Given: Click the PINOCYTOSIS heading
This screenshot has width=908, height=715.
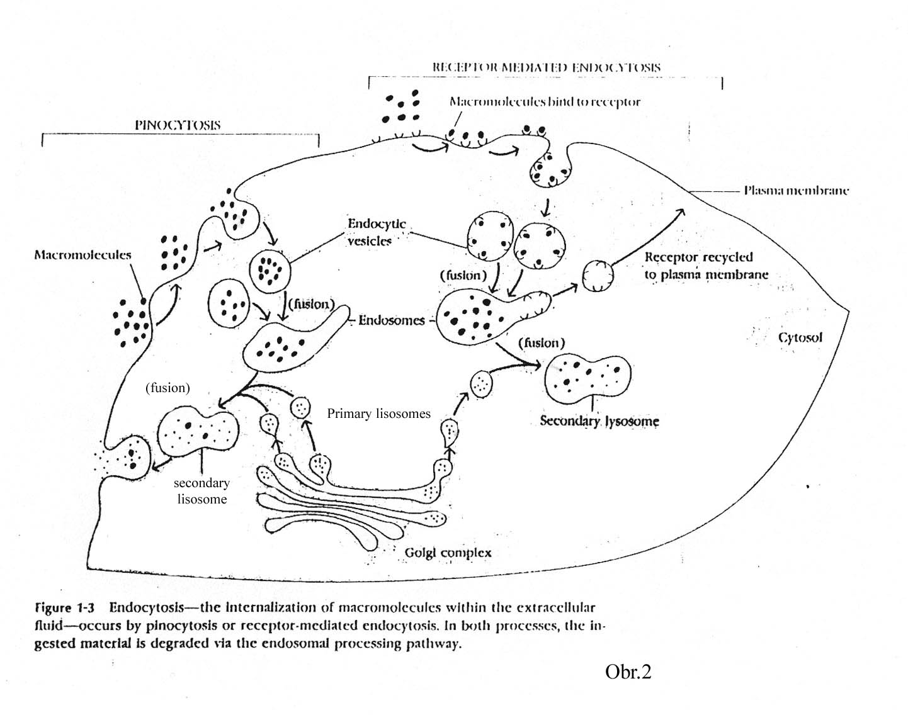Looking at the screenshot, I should [x=178, y=125].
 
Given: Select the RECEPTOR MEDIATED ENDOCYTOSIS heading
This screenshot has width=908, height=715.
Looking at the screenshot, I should [x=547, y=67].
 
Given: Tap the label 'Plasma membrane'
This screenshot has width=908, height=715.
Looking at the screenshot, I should [x=796, y=190].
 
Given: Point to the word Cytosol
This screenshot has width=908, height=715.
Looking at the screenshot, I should [x=800, y=337].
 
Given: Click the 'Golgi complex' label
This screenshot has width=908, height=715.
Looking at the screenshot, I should [x=448, y=553].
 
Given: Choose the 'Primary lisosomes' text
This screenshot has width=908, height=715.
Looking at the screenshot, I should [x=378, y=414].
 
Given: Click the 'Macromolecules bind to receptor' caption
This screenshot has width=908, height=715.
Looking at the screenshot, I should [x=545, y=101].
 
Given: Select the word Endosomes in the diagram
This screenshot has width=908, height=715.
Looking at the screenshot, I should [x=392, y=320].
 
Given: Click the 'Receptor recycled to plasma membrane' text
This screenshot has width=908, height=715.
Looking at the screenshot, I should [x=705, y=266].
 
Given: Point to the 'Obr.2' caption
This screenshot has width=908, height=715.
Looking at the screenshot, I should [x=628, y=672].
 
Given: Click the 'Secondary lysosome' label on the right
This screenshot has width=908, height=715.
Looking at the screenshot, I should [x=599, y=420].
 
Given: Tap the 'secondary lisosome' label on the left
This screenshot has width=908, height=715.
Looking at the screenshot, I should [x=201, y=491].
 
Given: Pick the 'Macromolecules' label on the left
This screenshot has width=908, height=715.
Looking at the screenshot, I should [x=82, y=255].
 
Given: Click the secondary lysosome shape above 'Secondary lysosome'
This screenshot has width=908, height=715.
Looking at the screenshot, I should [x=587, y=378].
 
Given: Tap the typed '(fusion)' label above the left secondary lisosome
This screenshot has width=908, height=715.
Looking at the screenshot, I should [x=167, y=388].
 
